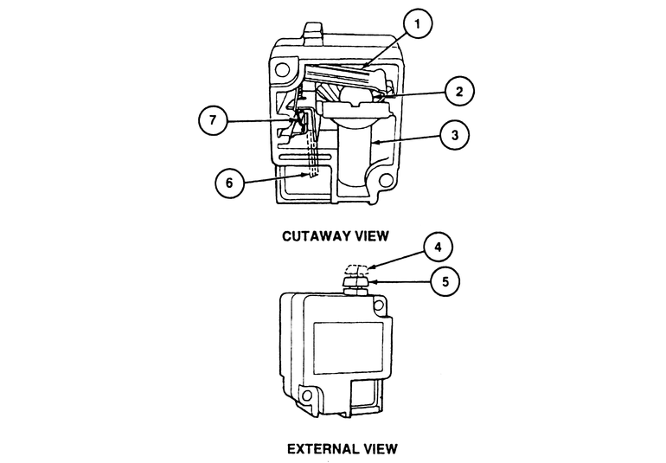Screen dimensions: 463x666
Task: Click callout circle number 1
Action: coord(417,25)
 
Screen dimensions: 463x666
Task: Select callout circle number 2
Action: coord(460,90)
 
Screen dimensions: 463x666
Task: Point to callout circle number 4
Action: coord(438,248)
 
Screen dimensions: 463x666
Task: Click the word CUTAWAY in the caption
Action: coord(314,235)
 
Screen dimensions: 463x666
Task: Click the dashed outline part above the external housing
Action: coord(355,268)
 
